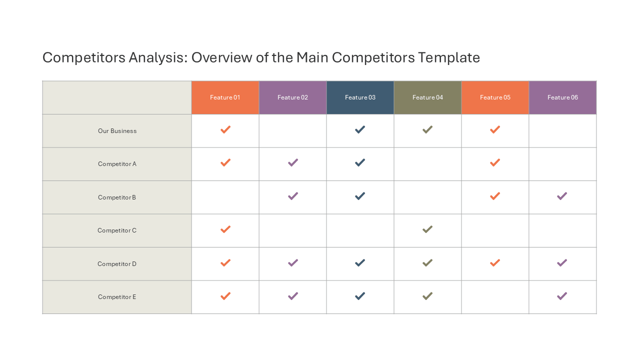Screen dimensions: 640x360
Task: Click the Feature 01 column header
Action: (225, 97)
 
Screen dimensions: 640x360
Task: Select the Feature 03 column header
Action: (360, 97)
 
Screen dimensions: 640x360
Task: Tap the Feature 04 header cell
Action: (427, 97)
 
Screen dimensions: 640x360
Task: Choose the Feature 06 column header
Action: (562, 97)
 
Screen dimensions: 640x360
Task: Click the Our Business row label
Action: (117, 131)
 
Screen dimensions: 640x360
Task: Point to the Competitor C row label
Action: (117, 230)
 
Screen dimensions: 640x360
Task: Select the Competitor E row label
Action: (117, 297)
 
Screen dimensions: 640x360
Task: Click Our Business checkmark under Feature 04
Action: (427, 129)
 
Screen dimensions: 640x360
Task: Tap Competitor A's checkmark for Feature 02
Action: (293, 162)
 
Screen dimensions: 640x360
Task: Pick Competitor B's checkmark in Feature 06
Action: (562, 196)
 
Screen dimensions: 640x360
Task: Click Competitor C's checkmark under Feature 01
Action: (225, 229)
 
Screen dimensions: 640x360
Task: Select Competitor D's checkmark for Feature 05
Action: (495, 262)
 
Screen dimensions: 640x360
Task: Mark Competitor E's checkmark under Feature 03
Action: (360, 295)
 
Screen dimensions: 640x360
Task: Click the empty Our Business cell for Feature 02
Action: (292, 131)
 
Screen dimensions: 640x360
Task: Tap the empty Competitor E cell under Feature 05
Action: (495, 297)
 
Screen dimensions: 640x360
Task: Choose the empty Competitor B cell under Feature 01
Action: (225, 197)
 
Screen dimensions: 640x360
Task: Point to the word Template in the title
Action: (449, 58)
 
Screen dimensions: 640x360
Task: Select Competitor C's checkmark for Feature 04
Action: (427, 229)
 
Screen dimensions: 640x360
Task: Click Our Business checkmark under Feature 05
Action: (495, 129)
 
